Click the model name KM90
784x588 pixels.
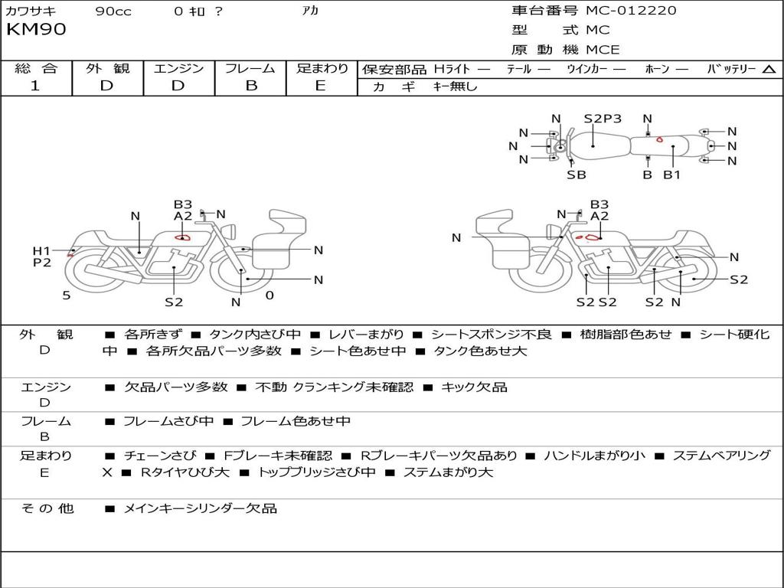pyautogui.click(x=36, y=30)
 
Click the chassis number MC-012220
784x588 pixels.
pyautogui.click(x=631, y=11)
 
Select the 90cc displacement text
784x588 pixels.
pyautogui.click(x=113, y=11)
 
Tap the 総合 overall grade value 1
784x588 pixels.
pyautogui.click(x=35, y=86)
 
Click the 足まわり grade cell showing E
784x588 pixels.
pyautogui.click(x=321, y=86)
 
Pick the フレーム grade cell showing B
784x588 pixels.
pyautogui.click(x=251, y=86)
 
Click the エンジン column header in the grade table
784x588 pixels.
pyautogui.click(x=179, y=68)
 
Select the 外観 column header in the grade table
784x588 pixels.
pyautogui.click(x=107, y=68)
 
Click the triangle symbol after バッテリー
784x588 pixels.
pyautogui.click(x=769, y=69)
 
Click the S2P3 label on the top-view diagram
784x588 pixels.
pyautogui.click(x=603, y=119)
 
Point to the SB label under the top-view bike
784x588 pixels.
pyautogui.click(x=577, y=175)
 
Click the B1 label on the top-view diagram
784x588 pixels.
pyautogui.click(x=671, y=175)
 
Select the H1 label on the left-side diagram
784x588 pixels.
pyautogui.click(x=41, y=251)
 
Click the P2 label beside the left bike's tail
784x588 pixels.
pyautogui.click(x=41, y=263)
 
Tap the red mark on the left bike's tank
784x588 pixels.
pyautogui.click(x=182, y=237)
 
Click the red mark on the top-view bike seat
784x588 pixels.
pyautogui.click(x=659, y=139)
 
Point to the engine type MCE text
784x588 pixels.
pyautogui.click(x=603, y=50)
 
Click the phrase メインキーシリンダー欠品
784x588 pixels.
pyautogui.click(x=201, y=508)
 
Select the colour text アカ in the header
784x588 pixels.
pyautogui.click(x=311, y=11)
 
